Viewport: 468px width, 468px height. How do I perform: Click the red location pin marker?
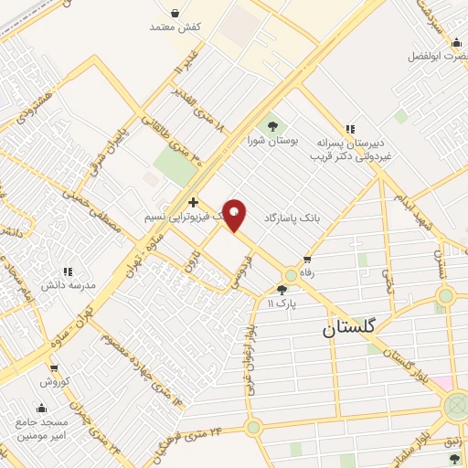pos(236,215)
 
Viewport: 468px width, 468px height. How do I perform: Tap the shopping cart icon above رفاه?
pos(306,259)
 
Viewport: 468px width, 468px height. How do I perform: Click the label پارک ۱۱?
pos(283,303)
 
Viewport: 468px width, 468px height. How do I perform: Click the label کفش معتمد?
pos(175,27)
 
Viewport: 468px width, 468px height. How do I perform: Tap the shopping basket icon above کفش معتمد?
pos(174,13)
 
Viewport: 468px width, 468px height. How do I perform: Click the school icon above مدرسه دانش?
pos(67,271)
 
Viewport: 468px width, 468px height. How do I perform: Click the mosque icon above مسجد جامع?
pos(40,409)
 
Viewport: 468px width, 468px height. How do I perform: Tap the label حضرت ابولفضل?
pos(437,57)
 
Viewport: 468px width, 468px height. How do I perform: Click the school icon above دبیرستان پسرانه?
pos(348,129)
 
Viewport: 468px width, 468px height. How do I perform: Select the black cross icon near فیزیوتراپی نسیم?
pos(192,202)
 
